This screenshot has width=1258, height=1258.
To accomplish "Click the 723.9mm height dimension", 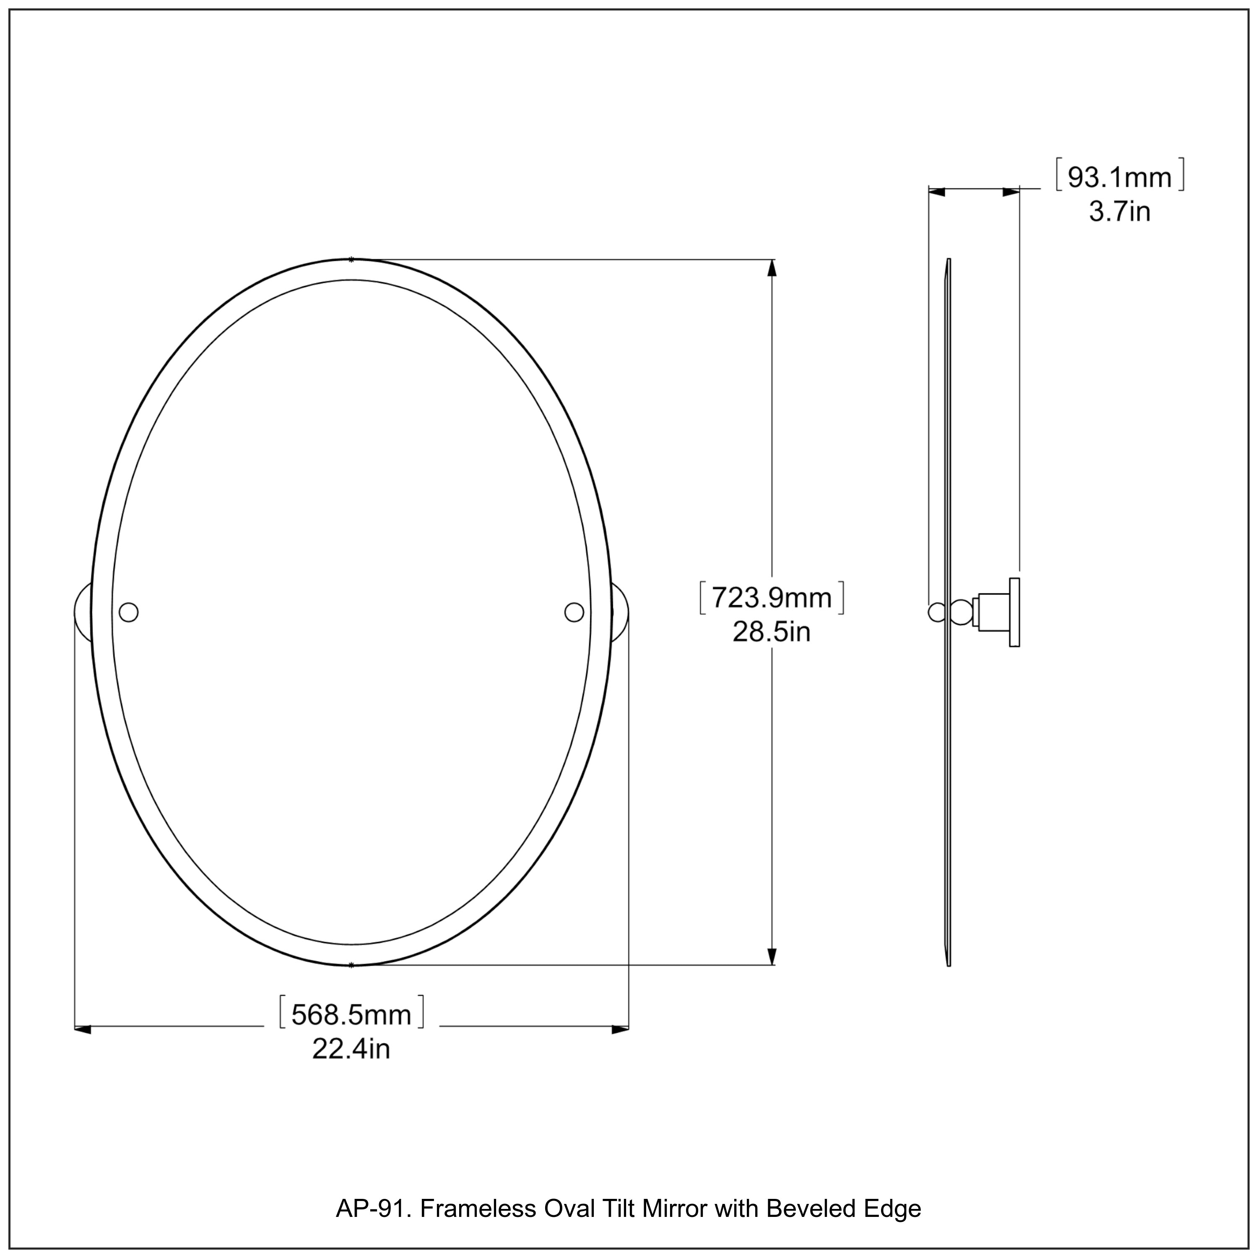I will click(772, 598).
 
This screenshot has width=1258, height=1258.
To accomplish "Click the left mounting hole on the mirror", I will click(129, 612).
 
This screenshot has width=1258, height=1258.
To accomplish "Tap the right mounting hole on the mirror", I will click(574, 612).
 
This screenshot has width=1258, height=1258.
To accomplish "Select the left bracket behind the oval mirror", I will click(83, 612).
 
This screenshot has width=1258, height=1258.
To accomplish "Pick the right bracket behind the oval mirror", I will click(620, 612).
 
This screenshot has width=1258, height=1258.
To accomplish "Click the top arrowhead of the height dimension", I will click(772, 268).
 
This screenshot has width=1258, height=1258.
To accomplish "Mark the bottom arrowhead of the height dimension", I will click(772, 956).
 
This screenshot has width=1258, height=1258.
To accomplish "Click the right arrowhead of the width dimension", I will click(620, 1029).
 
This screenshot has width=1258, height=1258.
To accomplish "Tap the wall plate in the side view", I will click(1014, 612).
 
